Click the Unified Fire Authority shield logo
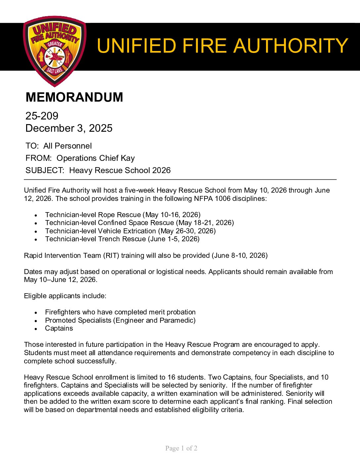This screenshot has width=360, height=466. click(x=55, y=51)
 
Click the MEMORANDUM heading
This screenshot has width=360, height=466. click(x=74, y=97)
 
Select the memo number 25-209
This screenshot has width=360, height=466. click(x=42, y=116)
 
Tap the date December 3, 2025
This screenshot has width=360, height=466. click(x=69, y=128)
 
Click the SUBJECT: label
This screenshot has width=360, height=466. click(x=45, y=170)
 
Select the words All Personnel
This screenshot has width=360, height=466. click(x=67, y=146)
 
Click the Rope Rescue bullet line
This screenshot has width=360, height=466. click(x=122, y=215)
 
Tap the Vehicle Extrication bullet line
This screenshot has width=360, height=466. click(x=130, y=231)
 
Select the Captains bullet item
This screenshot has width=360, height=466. click(x=59, y=328)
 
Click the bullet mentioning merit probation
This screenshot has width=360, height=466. click(x=120, y=312)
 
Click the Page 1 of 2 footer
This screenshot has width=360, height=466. click(x=181, y=448)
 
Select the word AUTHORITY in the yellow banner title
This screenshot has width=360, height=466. click(x=291, y=46)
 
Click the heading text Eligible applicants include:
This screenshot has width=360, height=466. click(x=65, y=296)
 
